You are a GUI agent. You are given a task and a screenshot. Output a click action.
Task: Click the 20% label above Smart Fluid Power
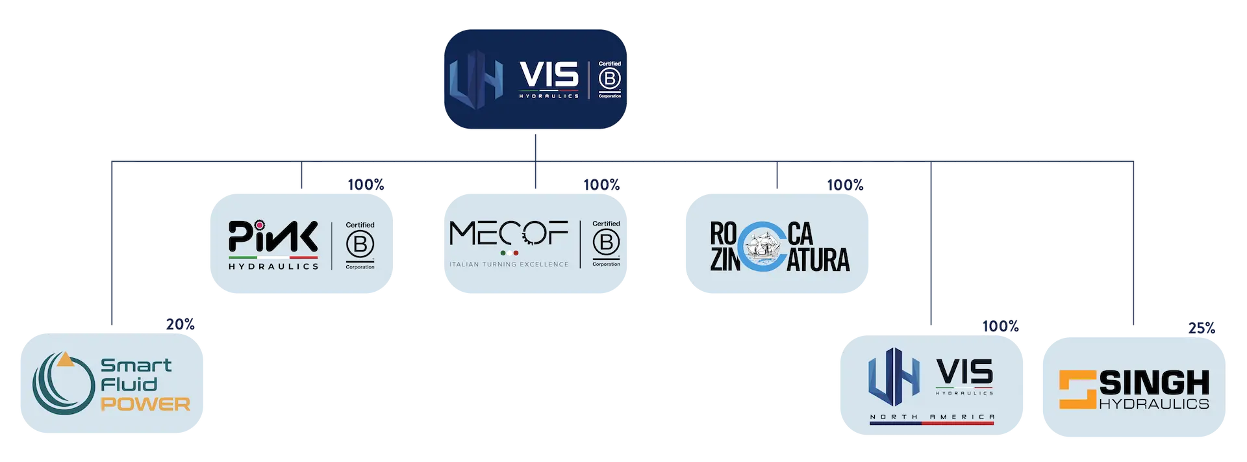point(180,324)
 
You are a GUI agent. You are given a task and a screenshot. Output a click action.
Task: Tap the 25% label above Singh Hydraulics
point(1202,328)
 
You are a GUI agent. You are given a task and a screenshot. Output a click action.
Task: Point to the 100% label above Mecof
point(602,185)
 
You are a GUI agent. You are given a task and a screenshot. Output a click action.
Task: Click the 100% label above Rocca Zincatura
point(845,185)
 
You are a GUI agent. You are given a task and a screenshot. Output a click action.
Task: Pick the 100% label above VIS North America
point(1001,326)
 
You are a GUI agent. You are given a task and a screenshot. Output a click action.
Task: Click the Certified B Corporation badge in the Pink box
point(360,246)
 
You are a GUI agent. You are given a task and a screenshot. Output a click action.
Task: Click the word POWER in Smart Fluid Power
point(145,404)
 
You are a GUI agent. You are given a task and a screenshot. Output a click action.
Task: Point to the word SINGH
point(1154,383)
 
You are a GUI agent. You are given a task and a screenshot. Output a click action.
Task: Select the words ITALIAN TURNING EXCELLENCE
point(509,264)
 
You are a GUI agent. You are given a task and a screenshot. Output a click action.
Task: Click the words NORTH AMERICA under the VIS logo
point(932,417)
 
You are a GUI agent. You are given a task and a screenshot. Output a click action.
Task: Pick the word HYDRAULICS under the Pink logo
point(273,266)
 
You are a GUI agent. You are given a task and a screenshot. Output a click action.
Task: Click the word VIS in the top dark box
point(549,75)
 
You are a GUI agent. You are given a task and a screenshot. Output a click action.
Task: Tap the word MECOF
point(509,234)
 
